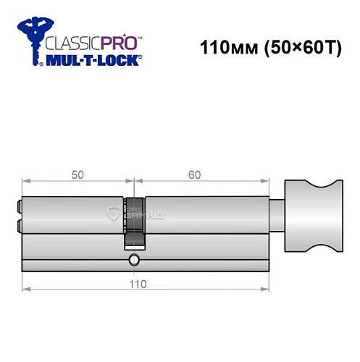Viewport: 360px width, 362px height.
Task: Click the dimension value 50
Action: point(78,175)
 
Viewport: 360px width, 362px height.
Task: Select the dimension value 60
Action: point(194,175)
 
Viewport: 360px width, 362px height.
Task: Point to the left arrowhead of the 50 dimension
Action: point(25,182)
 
